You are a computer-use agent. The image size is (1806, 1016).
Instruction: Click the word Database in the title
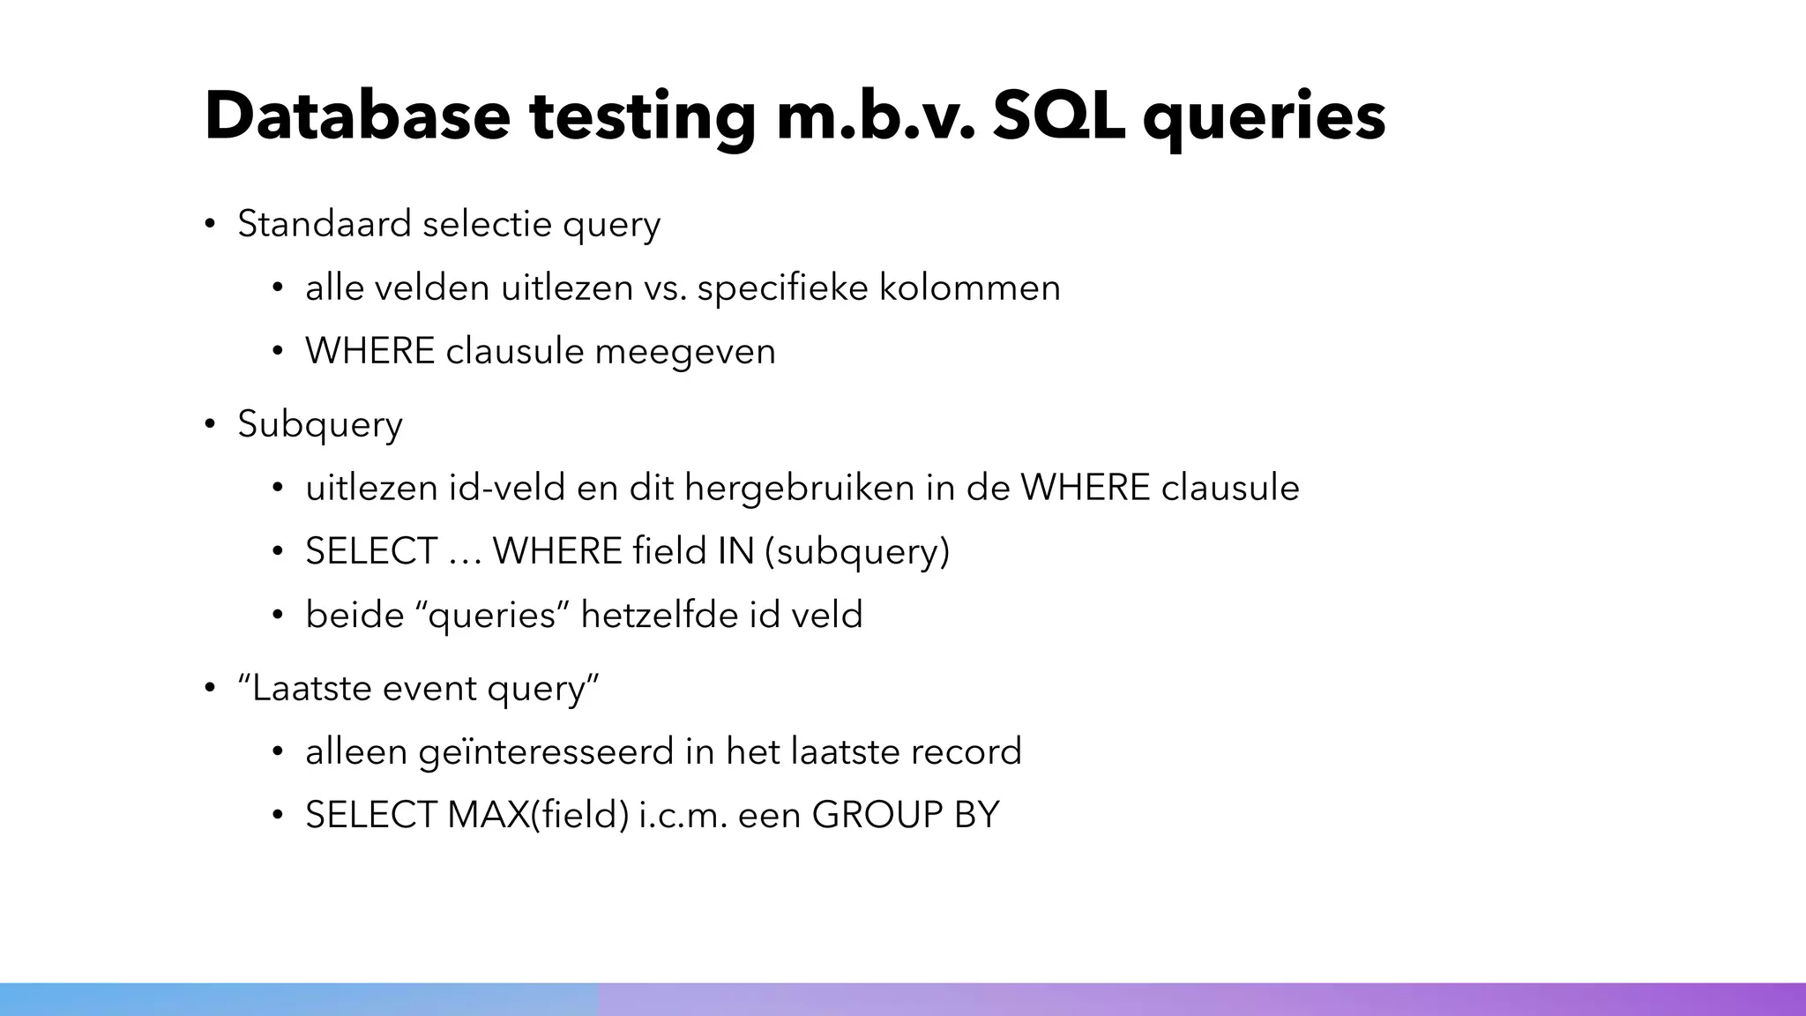click(357, 116)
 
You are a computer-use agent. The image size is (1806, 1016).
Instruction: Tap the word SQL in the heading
click(1058, 116)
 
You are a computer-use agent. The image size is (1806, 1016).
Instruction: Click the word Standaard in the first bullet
click(325, 224)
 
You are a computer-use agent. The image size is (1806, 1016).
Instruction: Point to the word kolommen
click(970, 288)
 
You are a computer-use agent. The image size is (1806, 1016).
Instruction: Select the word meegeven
click(685, 352)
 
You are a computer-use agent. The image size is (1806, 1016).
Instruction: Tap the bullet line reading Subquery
click(320, 425)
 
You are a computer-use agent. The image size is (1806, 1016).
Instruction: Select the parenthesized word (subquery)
click(857, 553)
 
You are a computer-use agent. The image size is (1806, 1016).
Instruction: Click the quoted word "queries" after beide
click(492, 616)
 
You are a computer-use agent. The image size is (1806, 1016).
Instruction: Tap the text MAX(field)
click(538, 815)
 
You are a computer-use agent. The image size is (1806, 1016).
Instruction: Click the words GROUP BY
click(906, 815)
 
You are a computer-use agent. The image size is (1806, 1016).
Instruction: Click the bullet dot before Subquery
click(210, 424)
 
